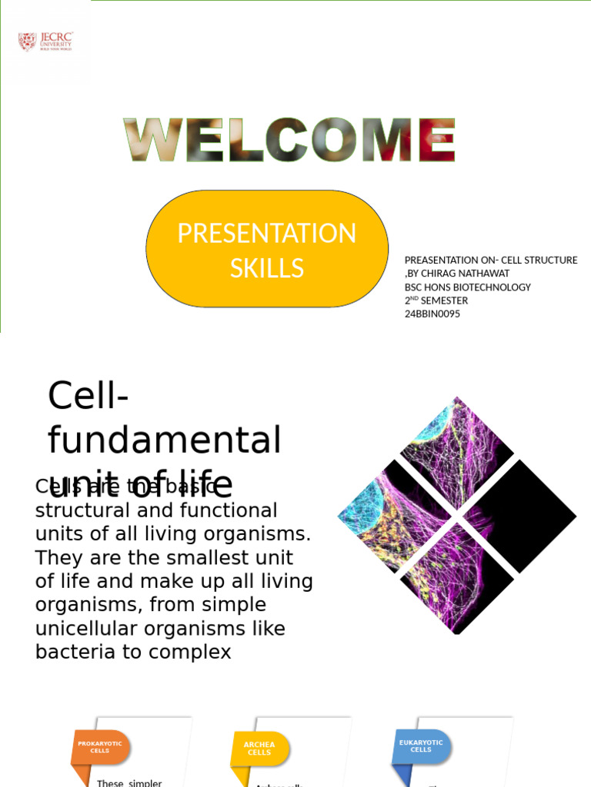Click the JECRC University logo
45,42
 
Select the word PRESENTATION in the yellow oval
266,234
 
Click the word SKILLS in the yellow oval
266,268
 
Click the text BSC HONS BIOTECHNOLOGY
467,287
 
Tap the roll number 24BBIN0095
432,314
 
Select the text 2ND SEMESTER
436,301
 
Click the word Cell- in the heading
88,397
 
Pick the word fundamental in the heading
164,441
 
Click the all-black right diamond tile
520,516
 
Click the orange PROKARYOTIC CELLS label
100,747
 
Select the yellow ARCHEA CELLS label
259,749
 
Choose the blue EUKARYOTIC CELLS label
421,746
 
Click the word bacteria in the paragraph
70,652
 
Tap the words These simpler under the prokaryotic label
129,782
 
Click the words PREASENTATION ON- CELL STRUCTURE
490,261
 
